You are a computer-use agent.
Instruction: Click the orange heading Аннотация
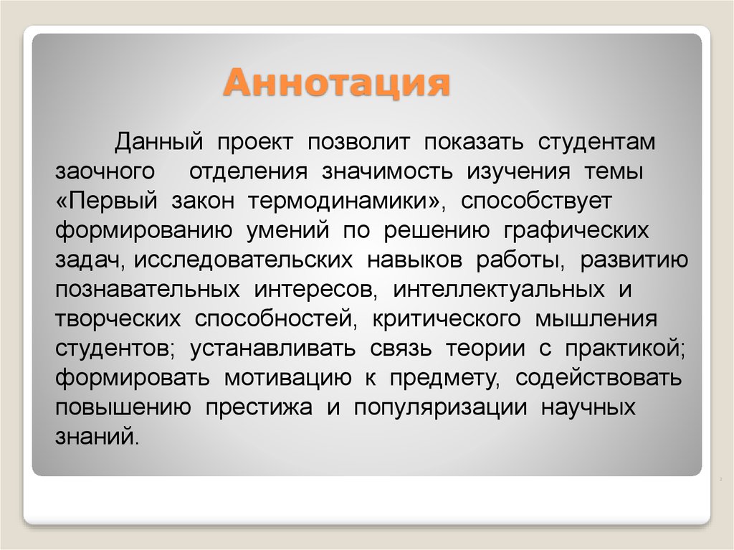(336, 83)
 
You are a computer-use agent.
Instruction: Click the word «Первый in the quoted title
(106, 201)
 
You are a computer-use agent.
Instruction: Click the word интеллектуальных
(490, 290)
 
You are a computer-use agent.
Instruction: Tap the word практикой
(624, 349)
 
